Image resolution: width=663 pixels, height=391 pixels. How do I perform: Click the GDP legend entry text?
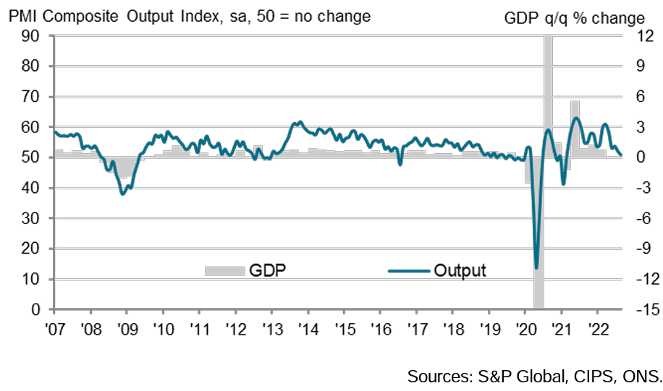(267, 271)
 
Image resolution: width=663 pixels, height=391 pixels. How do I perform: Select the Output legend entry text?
(460, 271)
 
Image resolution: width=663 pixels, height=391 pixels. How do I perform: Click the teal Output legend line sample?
(408, 271)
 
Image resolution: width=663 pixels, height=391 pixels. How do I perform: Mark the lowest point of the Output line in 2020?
(536, 268)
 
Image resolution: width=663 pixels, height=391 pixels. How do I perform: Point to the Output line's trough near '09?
(123, 194)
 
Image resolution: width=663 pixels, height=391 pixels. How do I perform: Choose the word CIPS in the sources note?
(591, 376)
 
